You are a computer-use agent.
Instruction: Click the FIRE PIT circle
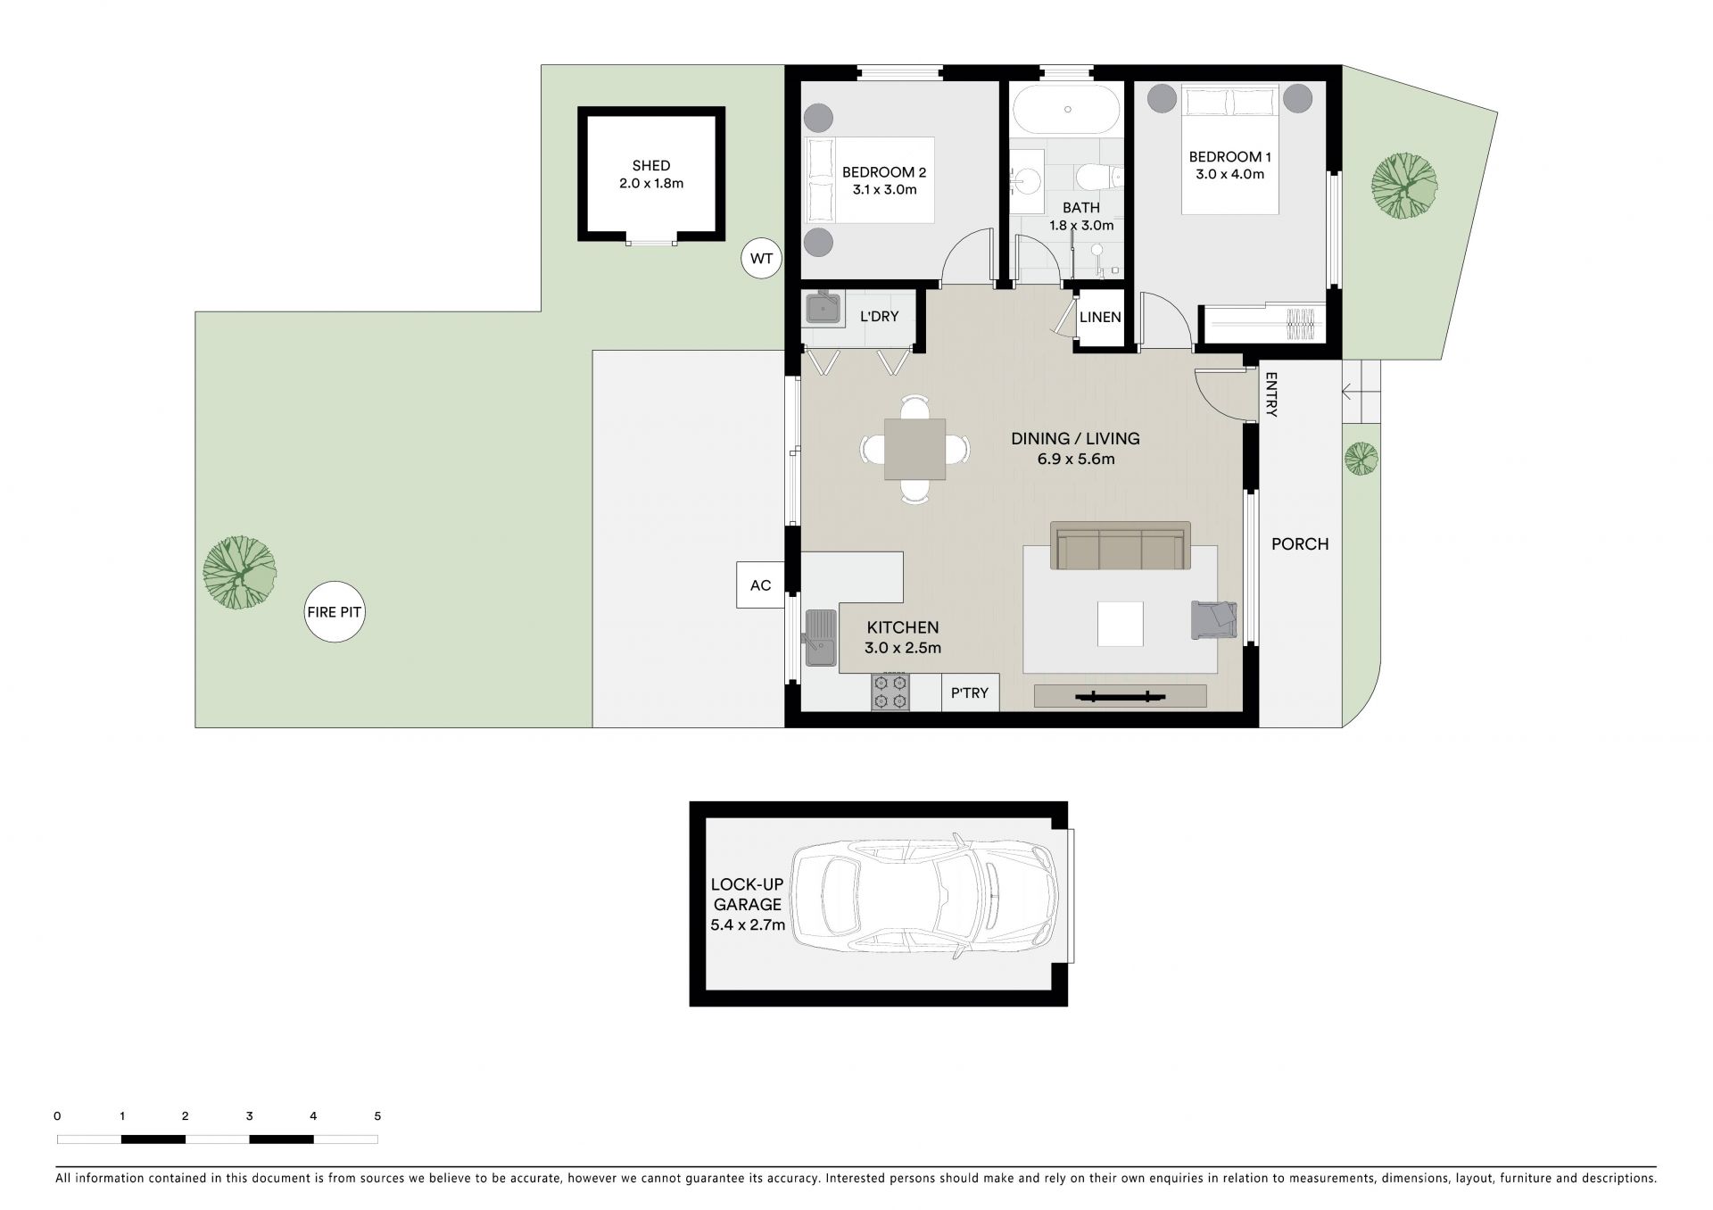pyautogui.click(x=335, y=612)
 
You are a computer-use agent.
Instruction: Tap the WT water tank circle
pyautogui.click(x=761, y=260)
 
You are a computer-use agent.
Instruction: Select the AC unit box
pyautogui.click(x=760, y=585)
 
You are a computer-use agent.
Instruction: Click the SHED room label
pyautogui.click(x=651, y=166)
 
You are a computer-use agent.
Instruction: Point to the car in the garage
pyautogui.click(x=923, y=904)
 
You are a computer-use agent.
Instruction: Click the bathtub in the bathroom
pyautogui.click(x=1067, y=109)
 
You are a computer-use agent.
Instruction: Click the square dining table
pyautogui.click(x=915, y=449)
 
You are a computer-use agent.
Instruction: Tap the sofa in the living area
pyautogui.click(x=1121, y=545)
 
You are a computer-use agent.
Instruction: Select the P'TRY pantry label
pyautogui.click(x=970, y=692)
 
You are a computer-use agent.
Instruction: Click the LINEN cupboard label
pyautogui.click(x=1100, y=317)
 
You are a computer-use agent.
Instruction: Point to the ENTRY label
pyautogui.click(x=1271, y=394)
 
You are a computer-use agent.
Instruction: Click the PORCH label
pyautogui.click(x=1300, y=543)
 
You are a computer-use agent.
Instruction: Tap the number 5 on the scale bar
pyautogui.click(x=377, y=1115)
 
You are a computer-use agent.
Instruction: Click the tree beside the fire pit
pyautogui.click(x=239, y=572)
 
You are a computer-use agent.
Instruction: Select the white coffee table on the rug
pyautogui.click(x=1121, y=624)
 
